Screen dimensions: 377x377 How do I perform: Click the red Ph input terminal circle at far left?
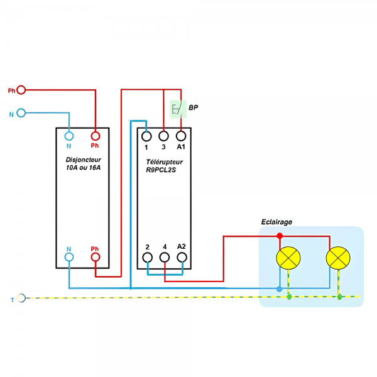pyautogui.click(x=21, y=90)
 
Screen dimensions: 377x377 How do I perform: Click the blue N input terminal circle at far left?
pyautogui.click(x=21, y=113)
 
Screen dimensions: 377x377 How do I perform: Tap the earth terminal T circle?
pyautogui.click(x=21, y=297)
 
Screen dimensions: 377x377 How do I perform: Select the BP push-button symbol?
pyautogui.click(x=178, y=109)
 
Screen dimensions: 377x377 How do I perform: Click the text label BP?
pyautogui.click(x=194, y=108)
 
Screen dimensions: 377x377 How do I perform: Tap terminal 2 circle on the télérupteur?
pyautogui.click(x=147, y=257)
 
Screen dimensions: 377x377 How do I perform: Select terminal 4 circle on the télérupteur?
pyautogui.click(x=164, y=257)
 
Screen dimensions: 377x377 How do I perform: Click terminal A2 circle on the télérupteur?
pyautogui.click(x=181, y=257)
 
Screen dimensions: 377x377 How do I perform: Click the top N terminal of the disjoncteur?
pyautogui.click(x=69, y=136)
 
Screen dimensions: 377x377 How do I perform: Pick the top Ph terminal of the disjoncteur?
pyautogui.click(x=95, y=136)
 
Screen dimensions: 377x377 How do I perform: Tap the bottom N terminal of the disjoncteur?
pyautogui.click(x=69, y=257)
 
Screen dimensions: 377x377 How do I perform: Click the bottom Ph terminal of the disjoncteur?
pyautogui.click(x=95, y=257)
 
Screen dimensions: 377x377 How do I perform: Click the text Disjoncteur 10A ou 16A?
pyautogui.click(x=83, y=164)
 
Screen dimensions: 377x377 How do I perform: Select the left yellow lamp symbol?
pyautogui.click(x=288, y=258)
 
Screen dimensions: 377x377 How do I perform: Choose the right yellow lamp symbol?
pyautogui.click(x=338, y=258)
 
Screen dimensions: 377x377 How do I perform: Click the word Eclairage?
pyautogui.click(x=276, y=222)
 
